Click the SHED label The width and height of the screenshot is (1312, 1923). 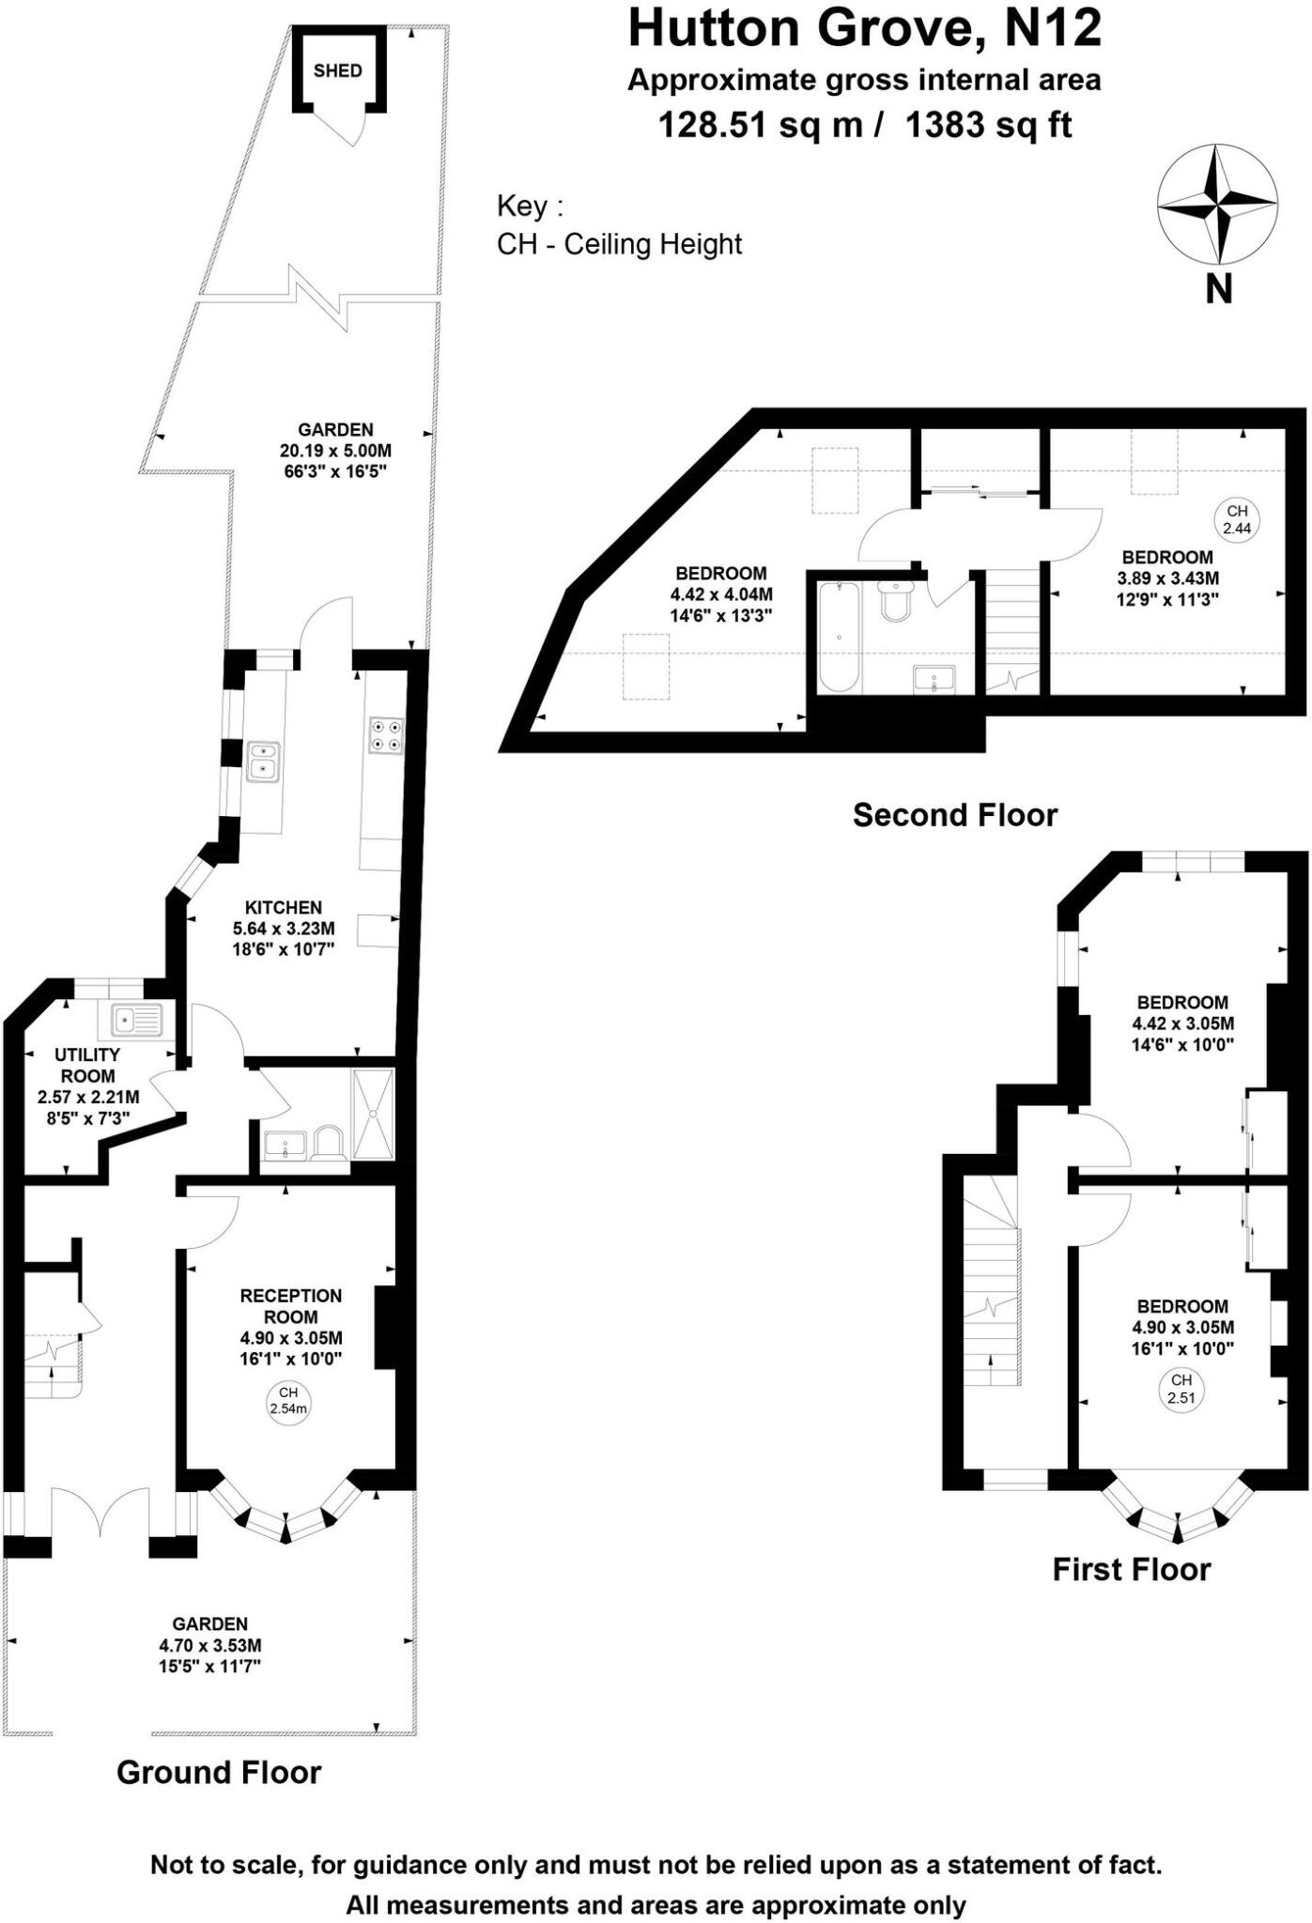pos(337,70)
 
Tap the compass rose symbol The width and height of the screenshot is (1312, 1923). pos(1217,204)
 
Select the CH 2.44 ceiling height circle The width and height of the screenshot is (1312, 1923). pos(1237,519)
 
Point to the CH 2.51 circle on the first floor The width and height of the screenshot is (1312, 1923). pos(1181,1389)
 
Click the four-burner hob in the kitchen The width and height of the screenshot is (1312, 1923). pos(387,734)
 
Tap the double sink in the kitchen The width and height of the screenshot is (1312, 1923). pos(263,762)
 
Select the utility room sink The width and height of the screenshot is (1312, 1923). pos(137,1019)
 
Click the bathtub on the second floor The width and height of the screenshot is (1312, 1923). pos(838,637)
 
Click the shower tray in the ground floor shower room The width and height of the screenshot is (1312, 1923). pos(374,1114)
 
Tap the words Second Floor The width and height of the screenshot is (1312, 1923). pos(955,814)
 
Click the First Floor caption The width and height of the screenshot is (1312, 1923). pos(1131,1569)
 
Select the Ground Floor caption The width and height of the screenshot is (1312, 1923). pos(219,1772)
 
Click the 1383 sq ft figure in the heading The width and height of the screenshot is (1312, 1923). pos(988,124)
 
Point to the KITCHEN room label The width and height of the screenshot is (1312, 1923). pos(284,907)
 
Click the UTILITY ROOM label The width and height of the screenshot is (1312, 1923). pos(87,1065)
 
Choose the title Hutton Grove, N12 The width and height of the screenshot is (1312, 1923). pos(864,27)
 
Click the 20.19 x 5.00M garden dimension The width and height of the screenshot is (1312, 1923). pos(335,451)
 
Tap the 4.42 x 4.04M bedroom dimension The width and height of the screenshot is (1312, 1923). pos(721,594)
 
